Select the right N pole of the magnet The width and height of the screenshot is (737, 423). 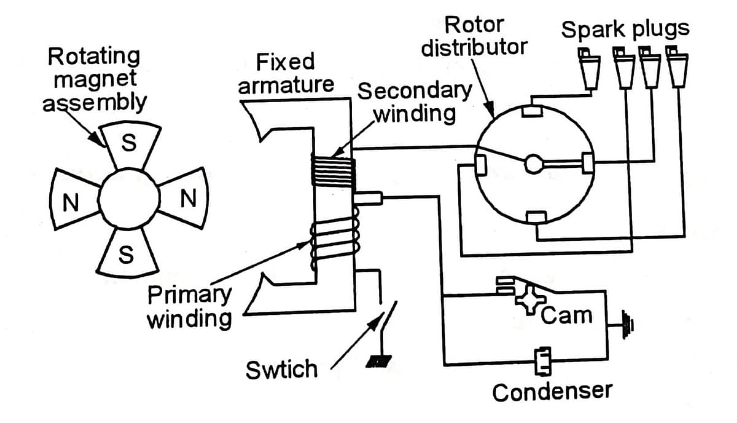(x=187, y=198)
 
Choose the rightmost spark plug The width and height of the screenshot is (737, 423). (x=677, y=69)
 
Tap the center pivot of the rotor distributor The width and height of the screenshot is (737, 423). (x=532, y=163)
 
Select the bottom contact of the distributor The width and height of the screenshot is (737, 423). (x=536, y=216)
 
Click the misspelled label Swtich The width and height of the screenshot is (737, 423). (x=282, y=370)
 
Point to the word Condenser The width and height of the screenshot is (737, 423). (x=552, y=391)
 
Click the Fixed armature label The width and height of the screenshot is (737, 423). (x=286, y=73)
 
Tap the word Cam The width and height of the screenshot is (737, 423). (x=567, y=315)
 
